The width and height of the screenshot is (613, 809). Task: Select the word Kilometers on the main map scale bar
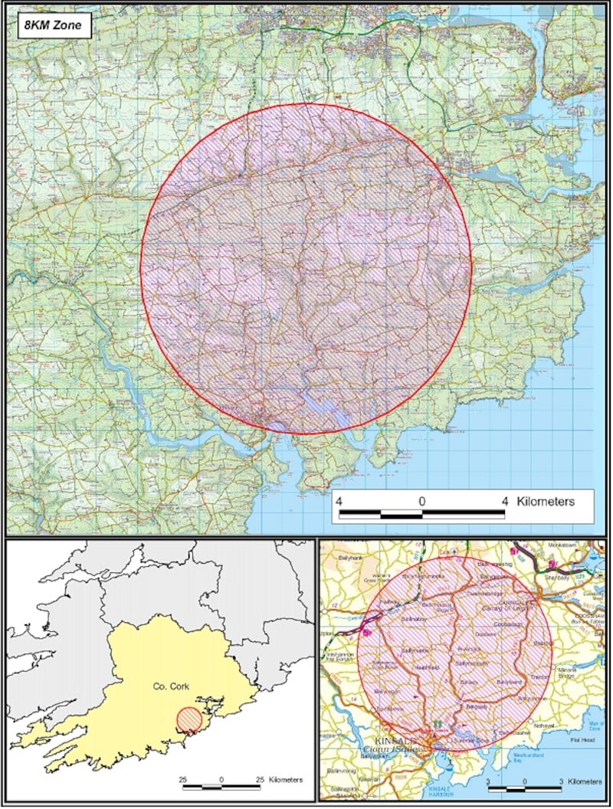pos(546,502)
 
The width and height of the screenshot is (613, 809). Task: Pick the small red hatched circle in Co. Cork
pos(189,720)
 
